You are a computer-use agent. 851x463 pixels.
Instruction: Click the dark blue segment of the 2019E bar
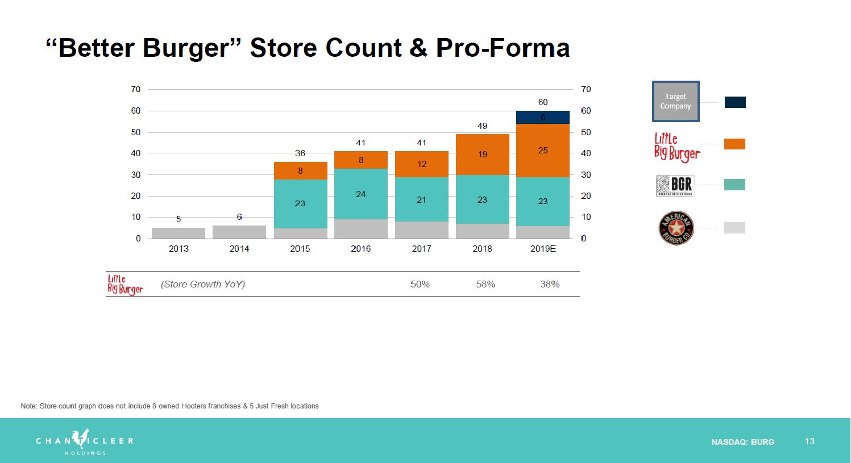tap(543, 117)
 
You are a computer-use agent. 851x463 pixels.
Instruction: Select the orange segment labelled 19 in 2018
tap(482, 155)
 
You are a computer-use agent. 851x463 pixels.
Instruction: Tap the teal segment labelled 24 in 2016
tap(360, 194)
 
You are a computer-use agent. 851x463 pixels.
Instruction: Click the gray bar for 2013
tap(178, 233)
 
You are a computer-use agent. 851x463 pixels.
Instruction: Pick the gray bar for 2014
tap(239, 232)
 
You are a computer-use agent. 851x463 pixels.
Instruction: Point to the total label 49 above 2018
tap(482, 126)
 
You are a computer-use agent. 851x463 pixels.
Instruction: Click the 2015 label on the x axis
tap(300, 249)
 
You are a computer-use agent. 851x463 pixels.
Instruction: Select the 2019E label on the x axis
tap(543, 249)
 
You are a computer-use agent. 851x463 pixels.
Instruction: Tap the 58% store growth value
tap(485, 284)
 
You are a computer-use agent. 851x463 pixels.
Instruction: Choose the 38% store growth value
tap(550, 284)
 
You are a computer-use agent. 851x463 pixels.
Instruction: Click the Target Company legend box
tap(675, 102)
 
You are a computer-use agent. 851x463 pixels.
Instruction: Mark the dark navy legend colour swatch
tap(735, 102)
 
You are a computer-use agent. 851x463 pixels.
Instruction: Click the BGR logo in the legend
tap(675, 185)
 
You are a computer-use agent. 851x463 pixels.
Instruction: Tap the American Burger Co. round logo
tap(676, 228)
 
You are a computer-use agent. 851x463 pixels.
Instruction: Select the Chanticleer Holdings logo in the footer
tap(85, 441)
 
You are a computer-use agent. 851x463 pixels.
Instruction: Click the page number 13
tap(810, 441)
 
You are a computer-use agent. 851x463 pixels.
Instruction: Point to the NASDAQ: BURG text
tap(742, 442)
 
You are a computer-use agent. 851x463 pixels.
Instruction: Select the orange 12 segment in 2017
tap(421, 164)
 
